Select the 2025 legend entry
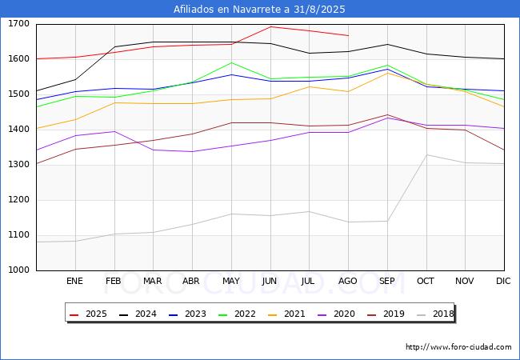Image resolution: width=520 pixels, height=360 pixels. coord(88,314)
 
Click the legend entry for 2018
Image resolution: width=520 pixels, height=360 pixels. coord(435,314)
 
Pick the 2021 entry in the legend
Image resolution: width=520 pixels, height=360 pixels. coord(286,314)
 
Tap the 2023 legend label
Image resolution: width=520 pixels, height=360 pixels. coord(195,314)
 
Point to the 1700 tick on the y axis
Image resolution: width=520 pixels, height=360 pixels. coord(18,24)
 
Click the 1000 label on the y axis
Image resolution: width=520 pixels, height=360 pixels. coord(18,270)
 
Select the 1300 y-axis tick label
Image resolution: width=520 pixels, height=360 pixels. coord(18,165)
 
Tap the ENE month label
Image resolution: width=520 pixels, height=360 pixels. coord(74,281)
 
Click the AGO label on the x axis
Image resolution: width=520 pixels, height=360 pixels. coord(347,281)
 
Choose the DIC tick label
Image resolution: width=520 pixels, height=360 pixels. coord(503,281)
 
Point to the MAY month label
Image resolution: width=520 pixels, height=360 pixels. coord(231,281)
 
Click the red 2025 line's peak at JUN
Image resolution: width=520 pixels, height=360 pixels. coord(270,26)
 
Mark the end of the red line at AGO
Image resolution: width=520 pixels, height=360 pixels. coord(349,35)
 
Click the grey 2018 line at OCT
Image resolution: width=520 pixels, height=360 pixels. coord(426,155)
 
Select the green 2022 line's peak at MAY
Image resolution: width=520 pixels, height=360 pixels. coord(231,62)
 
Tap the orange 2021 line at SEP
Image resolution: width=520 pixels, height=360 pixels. coord(387,73)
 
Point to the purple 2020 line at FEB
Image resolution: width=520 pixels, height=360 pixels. coord(114,132)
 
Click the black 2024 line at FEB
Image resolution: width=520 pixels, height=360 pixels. coord(114,46)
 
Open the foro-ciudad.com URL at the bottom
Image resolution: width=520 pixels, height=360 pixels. coord(458,347)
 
